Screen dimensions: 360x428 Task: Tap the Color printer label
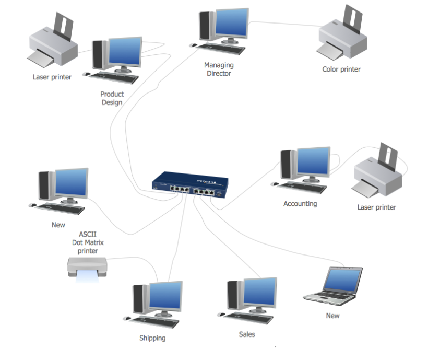point(341,69)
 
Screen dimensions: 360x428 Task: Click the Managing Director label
point(219,69)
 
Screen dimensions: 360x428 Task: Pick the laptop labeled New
point(335,286)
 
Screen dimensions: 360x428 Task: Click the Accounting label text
point(300,204)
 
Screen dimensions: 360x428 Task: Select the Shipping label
point(152,338)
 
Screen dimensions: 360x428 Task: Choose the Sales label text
point(247,334)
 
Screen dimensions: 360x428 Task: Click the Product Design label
point(112,98)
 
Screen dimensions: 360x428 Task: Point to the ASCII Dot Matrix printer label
point(87,242)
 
